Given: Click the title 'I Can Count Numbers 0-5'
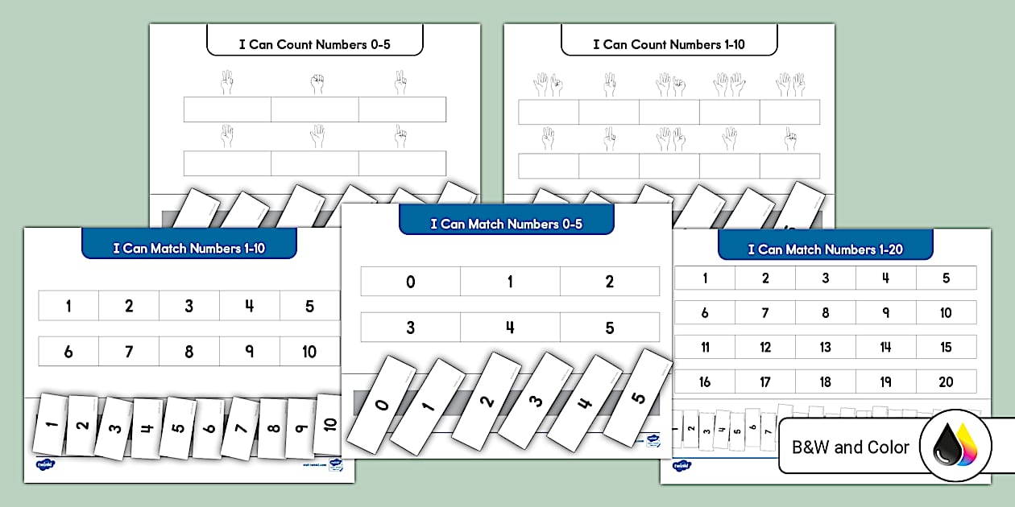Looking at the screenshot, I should click(314, 44).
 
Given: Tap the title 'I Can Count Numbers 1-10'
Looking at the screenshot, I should click(669, 44).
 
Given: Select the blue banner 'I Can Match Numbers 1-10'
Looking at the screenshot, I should click(189, 248).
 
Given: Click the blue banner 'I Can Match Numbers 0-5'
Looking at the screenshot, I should click(506, 224).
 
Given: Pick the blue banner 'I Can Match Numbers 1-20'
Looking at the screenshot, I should click(825, 249).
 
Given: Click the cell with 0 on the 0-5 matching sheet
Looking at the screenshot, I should click(411, 282).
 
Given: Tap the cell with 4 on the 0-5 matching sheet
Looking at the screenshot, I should click(510, 328).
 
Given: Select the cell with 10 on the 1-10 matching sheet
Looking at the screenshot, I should click(310, 352).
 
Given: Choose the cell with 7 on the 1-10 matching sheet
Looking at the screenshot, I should click(129, 352).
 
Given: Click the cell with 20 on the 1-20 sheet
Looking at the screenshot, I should click(946, 381).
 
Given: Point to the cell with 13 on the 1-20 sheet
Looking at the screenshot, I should click(825, 347).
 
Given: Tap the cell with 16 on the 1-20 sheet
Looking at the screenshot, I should click(705, 381).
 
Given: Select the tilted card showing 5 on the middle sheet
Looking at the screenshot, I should click(636, 398).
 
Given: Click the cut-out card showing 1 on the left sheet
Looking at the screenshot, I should click(48, 423).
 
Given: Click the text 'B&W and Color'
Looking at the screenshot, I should click(850, 447).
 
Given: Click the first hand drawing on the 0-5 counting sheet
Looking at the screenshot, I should click(227, 82).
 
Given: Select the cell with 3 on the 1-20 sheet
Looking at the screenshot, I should click(825, 278).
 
